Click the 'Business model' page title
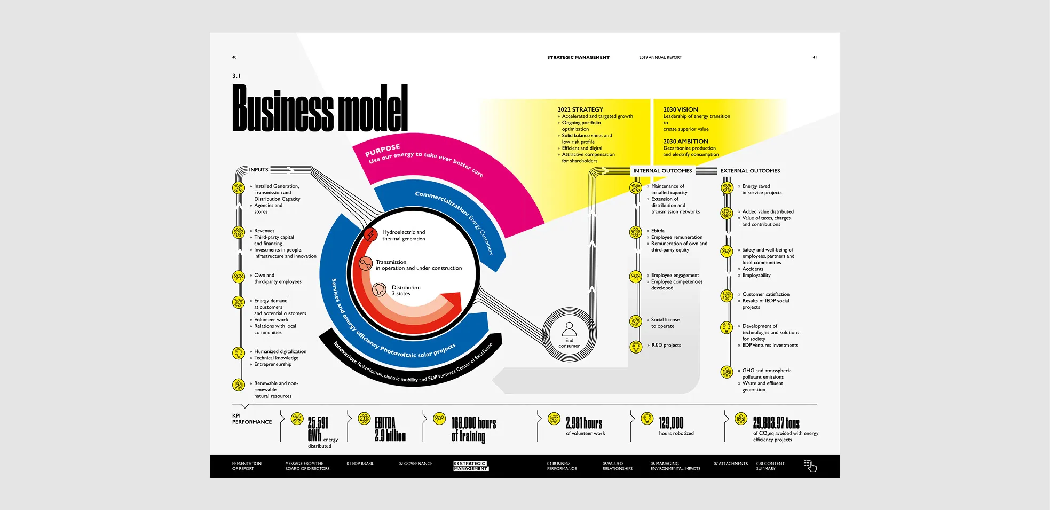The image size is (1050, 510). coord(320,108)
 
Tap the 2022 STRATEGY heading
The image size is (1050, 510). coord(580,109)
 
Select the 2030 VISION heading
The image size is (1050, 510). coord(680,109)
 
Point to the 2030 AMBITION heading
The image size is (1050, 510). coord(685,142)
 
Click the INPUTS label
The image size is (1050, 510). coord(258,170)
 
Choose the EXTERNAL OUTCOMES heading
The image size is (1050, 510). coord(749,171)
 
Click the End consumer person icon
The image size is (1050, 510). coord(569,328)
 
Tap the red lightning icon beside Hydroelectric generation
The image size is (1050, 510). coord(370,234)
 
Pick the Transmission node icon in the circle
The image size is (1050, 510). coord(366,263)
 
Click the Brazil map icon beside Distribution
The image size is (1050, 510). coord(379,289)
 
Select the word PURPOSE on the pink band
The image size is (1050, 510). coord(382,150)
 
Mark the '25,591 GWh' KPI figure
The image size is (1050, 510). coord(318,429)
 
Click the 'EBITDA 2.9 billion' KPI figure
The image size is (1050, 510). coord(390,429)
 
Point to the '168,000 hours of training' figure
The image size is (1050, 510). coord(473,429)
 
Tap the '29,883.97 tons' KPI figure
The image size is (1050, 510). coord(776,423)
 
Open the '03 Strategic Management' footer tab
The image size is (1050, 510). coord(470,466)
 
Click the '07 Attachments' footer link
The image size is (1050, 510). coord(730,464)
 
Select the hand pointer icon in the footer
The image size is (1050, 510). coord(810,466)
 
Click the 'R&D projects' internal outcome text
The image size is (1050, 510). coord(666,346)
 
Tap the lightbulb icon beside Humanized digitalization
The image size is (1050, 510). coord(239,352)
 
